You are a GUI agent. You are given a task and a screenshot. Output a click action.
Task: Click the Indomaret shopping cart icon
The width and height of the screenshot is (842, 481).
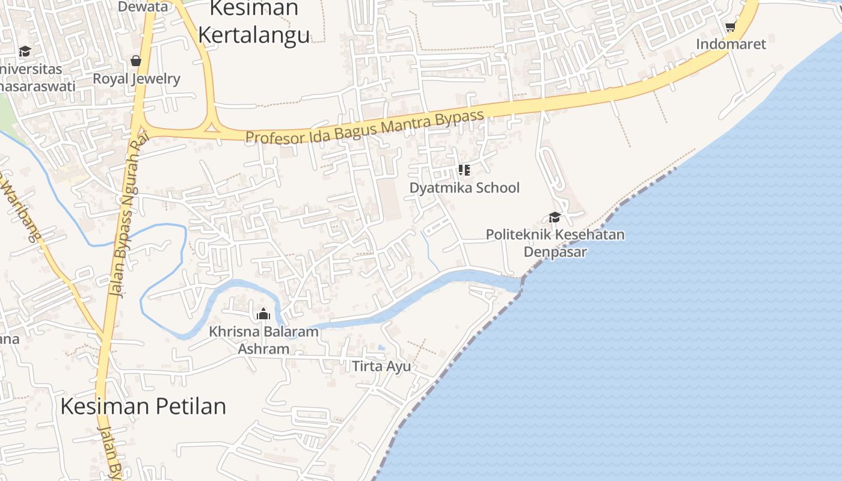click(731, 26)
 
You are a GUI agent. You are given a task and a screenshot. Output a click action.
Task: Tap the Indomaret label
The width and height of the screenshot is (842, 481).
click(731, 44)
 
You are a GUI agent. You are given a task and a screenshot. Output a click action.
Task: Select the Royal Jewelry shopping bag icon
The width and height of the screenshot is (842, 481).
click(136, 61)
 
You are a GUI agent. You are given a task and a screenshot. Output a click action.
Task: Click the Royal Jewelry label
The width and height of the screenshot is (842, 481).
click(136, 79)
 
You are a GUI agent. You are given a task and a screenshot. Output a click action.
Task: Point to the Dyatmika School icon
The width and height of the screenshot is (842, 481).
click(464, 170)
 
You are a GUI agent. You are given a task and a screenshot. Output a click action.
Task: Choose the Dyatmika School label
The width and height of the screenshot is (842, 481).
click(464, 188)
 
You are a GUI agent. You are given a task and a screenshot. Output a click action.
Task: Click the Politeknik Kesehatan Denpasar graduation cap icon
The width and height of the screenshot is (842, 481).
click(555, 217)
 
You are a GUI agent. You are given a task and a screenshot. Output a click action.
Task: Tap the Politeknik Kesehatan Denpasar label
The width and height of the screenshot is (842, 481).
click(555, 242)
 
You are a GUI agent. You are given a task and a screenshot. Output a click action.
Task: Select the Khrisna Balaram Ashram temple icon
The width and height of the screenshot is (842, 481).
click(263, 314)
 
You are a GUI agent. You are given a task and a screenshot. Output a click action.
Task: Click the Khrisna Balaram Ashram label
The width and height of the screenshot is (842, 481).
click(263, 340)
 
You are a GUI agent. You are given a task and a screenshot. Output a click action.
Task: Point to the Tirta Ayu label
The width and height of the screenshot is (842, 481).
click(381, 366)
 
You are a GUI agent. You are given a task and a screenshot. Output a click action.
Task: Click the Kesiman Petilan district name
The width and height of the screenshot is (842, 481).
click(143, 406)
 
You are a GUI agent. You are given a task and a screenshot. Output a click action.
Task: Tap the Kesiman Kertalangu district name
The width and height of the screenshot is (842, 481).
click(254, 22)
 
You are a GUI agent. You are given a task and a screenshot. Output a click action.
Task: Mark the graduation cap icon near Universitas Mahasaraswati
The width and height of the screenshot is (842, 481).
click(25, 52)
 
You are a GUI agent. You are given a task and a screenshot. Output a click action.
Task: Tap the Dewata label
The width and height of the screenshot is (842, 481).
click(143, 7)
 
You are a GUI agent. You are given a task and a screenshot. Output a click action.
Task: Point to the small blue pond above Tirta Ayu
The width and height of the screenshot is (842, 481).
click(381, 348)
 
